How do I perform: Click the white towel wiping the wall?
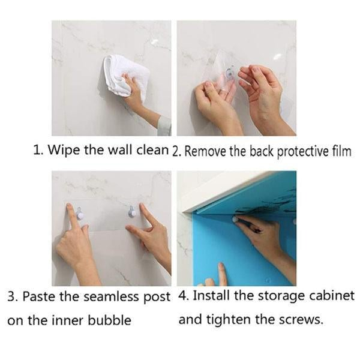pos(125,76)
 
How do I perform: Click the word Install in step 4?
pos(211,296)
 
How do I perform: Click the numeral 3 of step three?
pos(11,297)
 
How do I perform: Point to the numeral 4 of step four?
pos(183,296)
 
